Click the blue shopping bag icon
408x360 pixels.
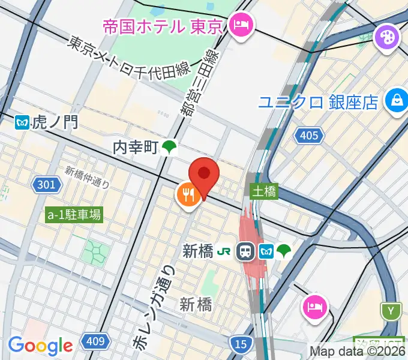click(396, 98)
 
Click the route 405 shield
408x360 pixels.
click(308, 136)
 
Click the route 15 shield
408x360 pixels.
click(239, 344)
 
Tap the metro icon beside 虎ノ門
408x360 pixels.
click(23, 123)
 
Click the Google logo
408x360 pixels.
click(40, 345)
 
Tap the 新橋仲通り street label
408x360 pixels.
click(88, 177)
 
